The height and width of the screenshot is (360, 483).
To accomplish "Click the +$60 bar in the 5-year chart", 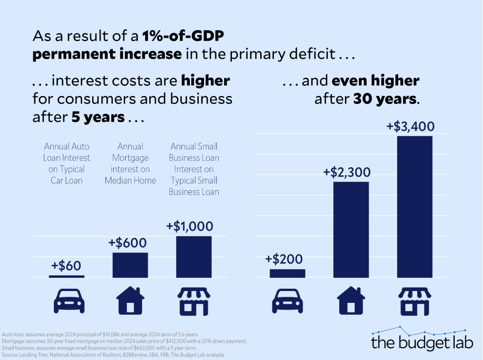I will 67,276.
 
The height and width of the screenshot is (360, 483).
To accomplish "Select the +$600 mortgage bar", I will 130,265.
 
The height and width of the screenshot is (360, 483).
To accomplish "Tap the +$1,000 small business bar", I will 194,257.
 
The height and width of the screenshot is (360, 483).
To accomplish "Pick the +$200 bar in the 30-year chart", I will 287,273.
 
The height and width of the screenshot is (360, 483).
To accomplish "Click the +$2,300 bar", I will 351,229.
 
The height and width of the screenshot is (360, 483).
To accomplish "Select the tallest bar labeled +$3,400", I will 415,206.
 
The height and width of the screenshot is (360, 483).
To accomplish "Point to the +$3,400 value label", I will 415,126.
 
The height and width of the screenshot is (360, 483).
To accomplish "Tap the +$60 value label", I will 67,265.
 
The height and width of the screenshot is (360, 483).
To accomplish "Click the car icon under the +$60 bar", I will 67,300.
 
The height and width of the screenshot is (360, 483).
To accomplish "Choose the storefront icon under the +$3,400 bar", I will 415,301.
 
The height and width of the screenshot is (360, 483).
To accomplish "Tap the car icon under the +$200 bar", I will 287,300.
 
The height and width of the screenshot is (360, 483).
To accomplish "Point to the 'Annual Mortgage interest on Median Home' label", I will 130,163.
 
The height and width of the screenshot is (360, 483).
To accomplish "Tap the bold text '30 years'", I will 384,99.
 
